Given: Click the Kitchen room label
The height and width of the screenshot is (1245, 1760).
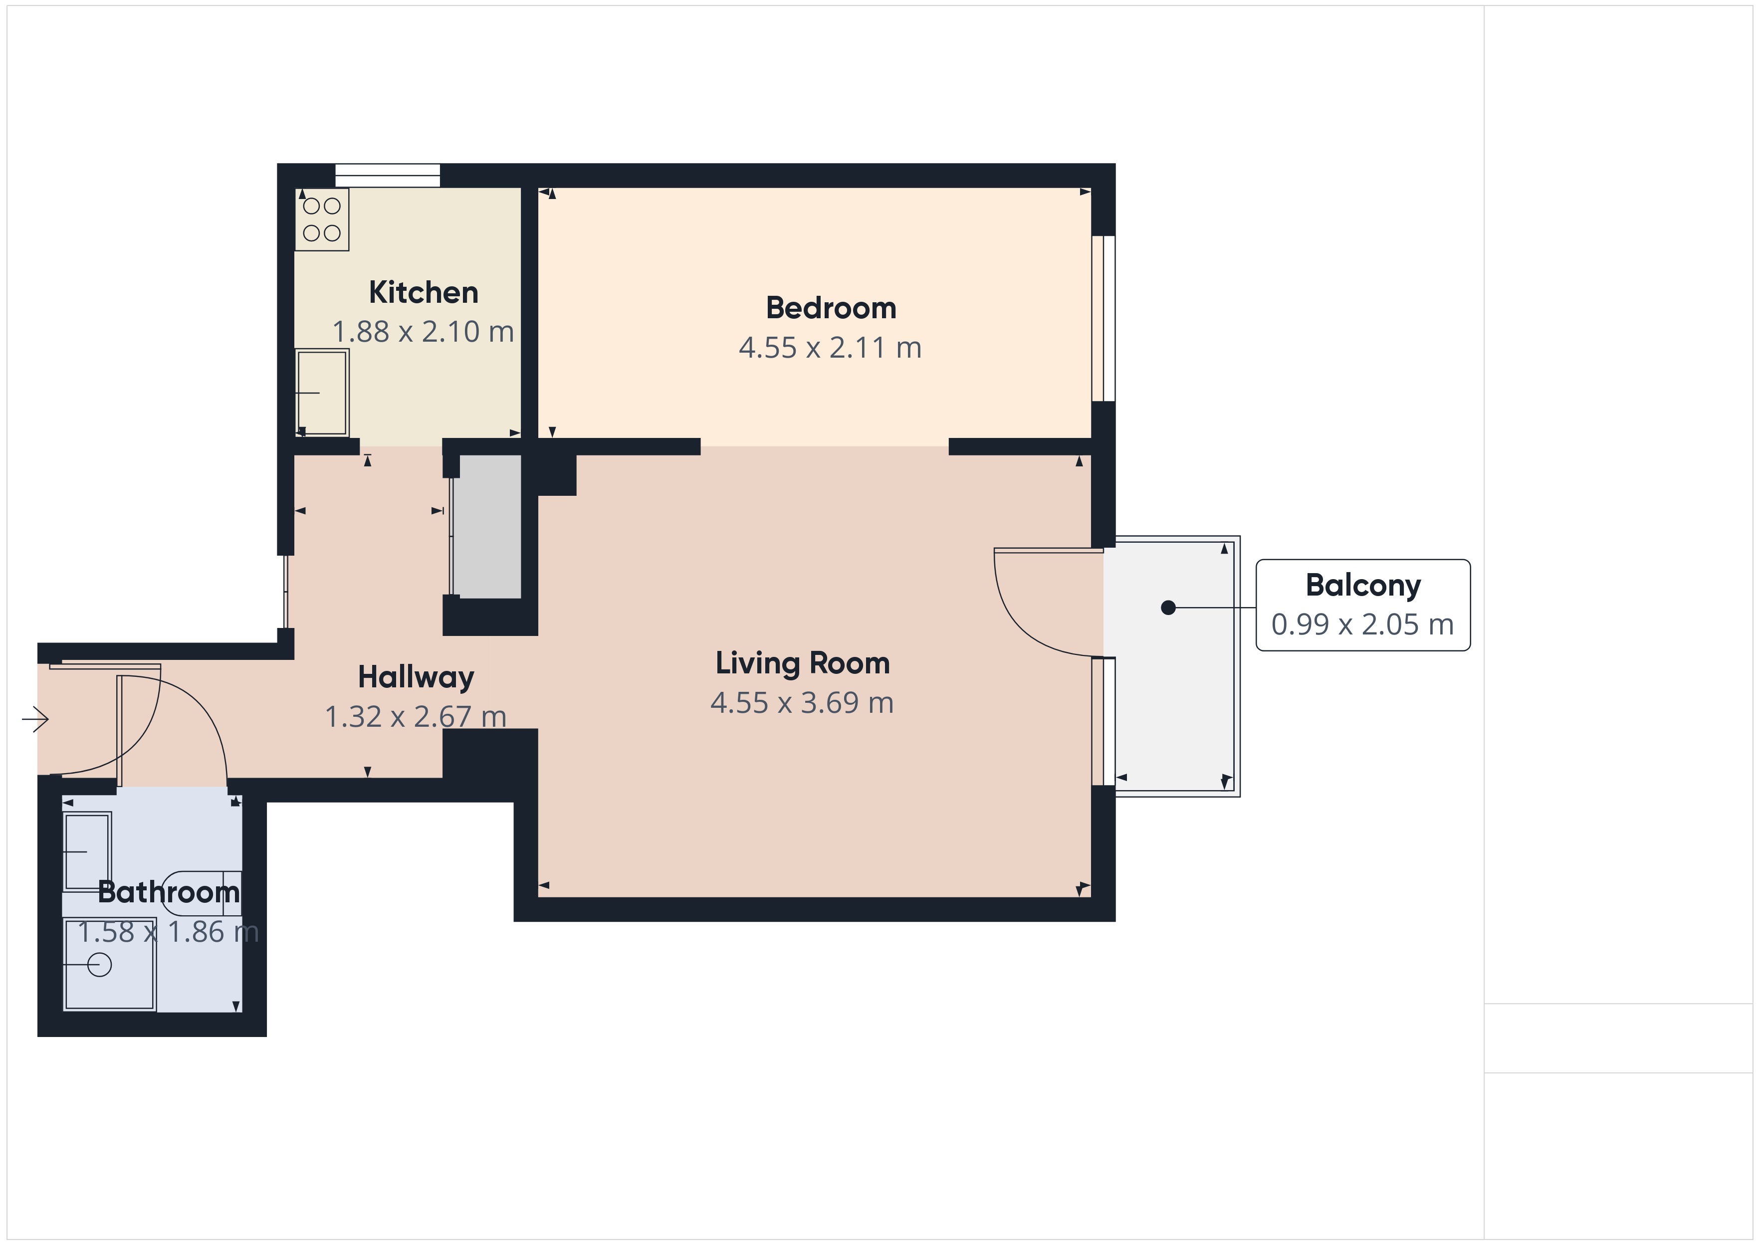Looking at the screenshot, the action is click(423, 292).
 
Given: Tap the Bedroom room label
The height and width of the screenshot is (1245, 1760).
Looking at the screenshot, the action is click(831, 308).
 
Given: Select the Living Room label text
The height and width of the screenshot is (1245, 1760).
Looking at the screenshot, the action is click(803, 663).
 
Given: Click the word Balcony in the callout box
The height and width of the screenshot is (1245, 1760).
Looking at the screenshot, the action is click(1363, 586).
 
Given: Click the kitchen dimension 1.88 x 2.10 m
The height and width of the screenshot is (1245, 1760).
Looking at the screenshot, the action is click(423, 332).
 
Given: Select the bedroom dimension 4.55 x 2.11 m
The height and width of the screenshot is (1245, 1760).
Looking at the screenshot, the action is click(830, 348).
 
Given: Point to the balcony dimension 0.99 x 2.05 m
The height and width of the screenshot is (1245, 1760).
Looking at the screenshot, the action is click(1362, 625).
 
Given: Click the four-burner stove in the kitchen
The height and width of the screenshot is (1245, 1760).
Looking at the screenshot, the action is click(322, 219).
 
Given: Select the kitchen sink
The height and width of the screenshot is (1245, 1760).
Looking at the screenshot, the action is click(322, 393).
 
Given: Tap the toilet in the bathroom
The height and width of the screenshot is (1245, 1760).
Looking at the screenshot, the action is click(201, 893).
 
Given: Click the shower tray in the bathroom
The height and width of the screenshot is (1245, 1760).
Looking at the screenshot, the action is click(110, 964).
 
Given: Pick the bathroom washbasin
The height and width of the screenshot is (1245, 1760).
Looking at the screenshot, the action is click(87, 852).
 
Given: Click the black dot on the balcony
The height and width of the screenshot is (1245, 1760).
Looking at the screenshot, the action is click(1168, 608).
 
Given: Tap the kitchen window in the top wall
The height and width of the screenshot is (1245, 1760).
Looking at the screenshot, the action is click(388, 176).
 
